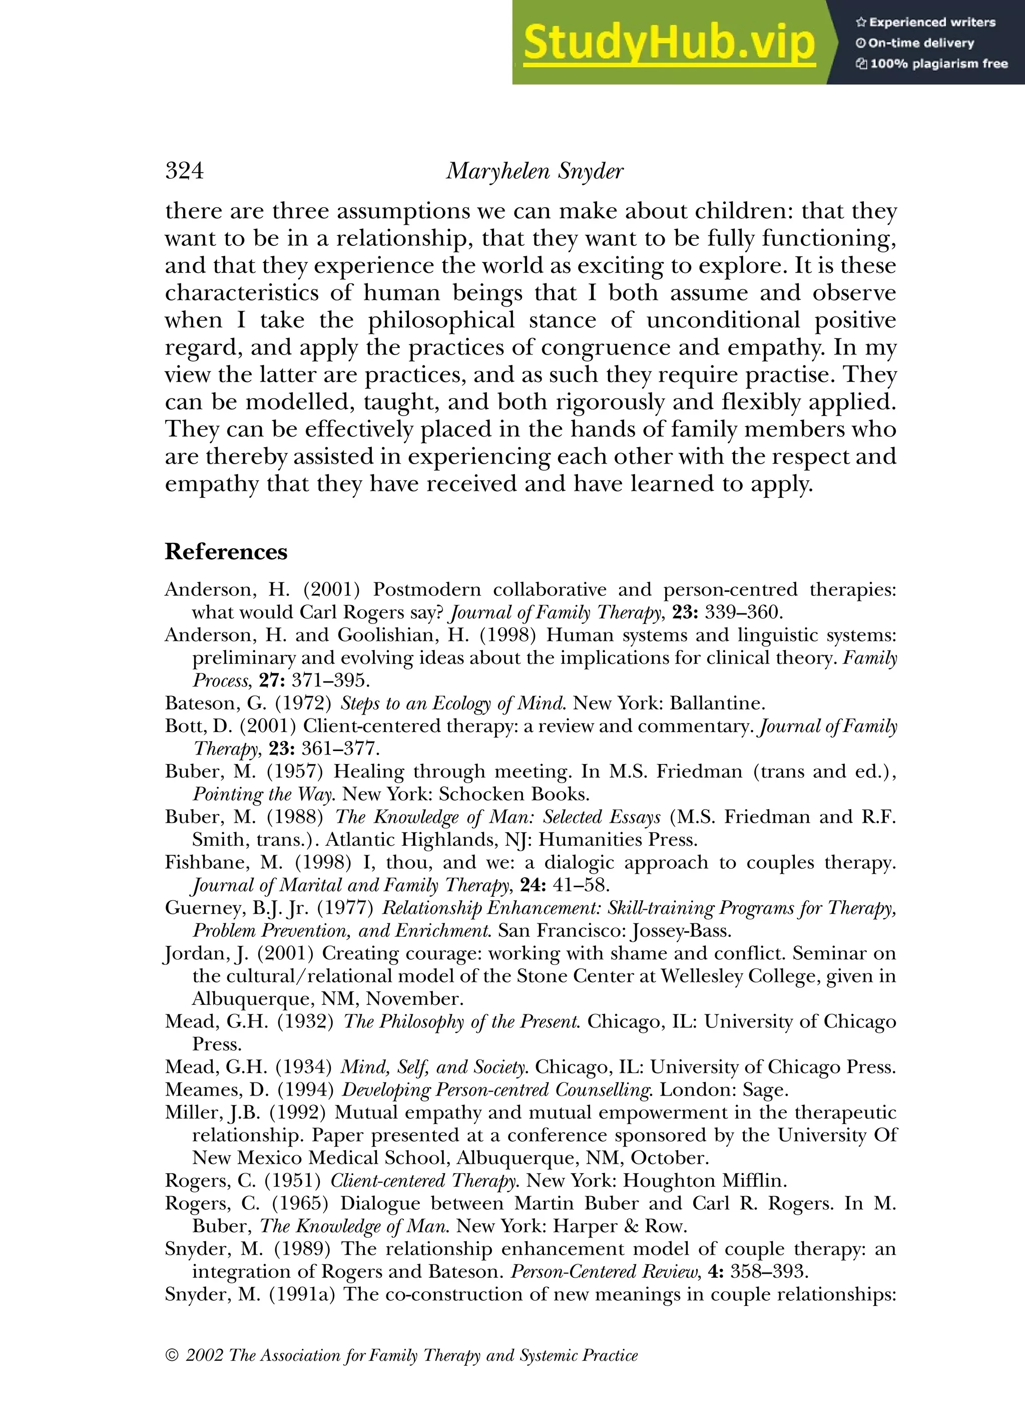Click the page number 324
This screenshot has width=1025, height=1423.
184,171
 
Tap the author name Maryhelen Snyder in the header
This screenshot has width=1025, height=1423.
535,171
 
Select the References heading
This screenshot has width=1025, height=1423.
226,551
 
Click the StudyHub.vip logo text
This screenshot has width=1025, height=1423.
669,43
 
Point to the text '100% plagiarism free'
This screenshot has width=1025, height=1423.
938,64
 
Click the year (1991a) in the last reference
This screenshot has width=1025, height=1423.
302,1294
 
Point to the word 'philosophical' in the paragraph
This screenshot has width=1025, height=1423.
441,320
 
